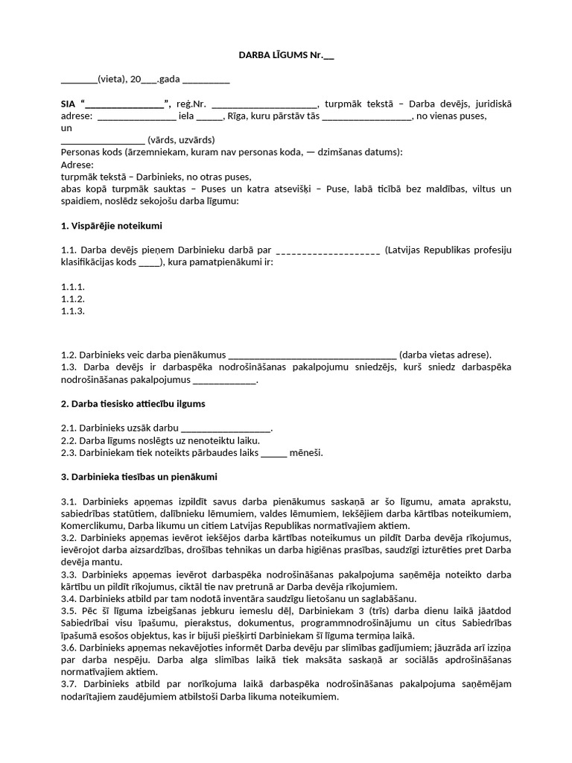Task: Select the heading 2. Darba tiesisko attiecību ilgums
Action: pyautogui.click(x=133, y=403)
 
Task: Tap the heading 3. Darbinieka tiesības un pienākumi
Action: pyautogui.click(x=139, y=476)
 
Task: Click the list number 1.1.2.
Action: pyautogui.click(x=72, y=299)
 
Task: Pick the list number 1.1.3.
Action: pyautogui.click(x=72, y=311)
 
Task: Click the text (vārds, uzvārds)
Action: pyautogui.click(x=181, y=140)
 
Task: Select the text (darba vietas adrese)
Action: pyautogui.click(x=445, y=355)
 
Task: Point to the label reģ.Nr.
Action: pyautogui.click(x=191, y=104)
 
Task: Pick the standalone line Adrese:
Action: pyautogui.click(x=77, y=165)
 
